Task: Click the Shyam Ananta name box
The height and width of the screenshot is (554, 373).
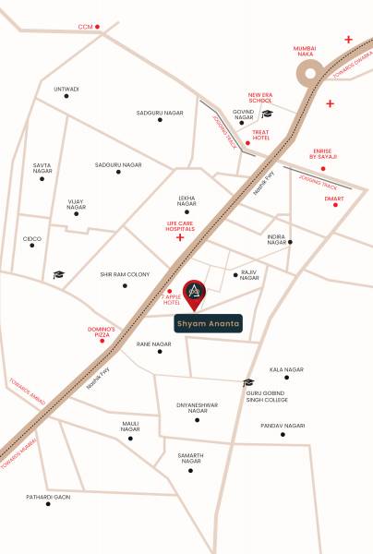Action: point(208,324)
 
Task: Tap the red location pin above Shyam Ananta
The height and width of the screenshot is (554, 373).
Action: point(194,294)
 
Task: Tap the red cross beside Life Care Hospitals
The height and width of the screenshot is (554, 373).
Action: point(180,238)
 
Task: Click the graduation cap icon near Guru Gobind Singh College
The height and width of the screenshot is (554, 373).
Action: point(248,382)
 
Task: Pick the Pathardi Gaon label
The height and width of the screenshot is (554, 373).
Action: point(48,497)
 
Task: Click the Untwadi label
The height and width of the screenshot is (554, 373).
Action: point(66,90)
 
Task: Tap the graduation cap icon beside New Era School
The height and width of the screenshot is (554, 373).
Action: point(268,114)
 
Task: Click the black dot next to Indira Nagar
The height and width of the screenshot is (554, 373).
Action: point(290,242)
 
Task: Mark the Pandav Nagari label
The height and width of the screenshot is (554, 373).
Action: point(283,426)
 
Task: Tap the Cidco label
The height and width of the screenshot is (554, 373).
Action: point(32,238)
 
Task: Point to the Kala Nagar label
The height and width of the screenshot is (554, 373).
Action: point(287,369)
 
